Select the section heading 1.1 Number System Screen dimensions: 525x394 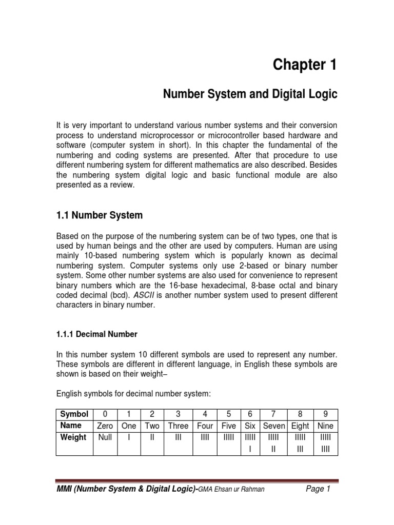point(99,216)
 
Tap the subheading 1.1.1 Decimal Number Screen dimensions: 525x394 point(96,334)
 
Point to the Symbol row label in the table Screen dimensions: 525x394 point(74,414)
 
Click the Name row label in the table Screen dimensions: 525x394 point(71,426)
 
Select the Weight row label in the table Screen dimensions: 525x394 point(73,437)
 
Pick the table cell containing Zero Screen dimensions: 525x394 point(105,426)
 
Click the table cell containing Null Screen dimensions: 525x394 point(105,437)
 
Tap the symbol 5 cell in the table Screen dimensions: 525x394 point(228,414)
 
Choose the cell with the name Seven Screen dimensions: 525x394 point(274,426)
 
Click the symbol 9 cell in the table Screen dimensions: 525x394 point(325,414)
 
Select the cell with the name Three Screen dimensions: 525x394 point(179,426)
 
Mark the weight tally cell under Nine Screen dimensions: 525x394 point(325,443)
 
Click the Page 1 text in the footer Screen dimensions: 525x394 point(318,489)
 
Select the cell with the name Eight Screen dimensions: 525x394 point(300,426)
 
